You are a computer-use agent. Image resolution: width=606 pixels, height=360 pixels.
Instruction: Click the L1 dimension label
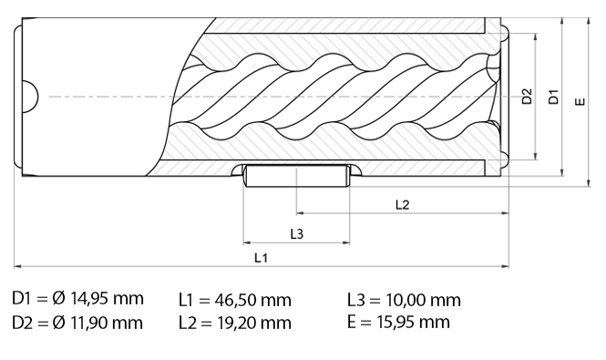pyautogui.click(x=261, y=258)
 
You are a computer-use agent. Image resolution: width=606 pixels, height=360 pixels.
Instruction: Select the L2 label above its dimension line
pyautogui.click(x=402, y=204)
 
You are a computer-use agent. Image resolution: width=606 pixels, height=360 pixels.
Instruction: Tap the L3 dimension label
pyautogui.click(x=297, y=233)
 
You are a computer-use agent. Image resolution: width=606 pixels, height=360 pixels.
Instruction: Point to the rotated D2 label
pyautogui.click(x=527, y=97)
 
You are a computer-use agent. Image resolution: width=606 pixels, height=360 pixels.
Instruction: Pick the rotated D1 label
pyautogui.click(x=553, y=97)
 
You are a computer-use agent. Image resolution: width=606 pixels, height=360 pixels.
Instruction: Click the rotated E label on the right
pyautogui.click(x=580, y=101)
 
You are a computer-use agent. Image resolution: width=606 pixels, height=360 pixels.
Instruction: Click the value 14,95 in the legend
pyautogui.click(x=88, y=299)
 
